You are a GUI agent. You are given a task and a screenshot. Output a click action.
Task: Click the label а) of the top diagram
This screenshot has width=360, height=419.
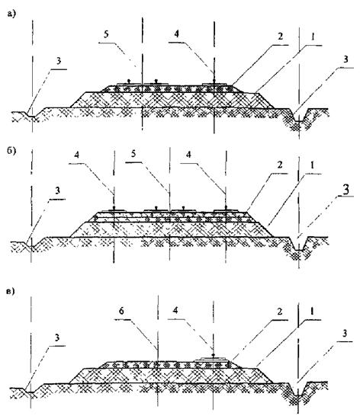tap(11, 14)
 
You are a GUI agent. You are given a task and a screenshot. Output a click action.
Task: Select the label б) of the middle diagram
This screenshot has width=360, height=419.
tap(11, 150)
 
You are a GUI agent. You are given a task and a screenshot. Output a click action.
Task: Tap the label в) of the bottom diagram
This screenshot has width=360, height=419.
tap(11, 291)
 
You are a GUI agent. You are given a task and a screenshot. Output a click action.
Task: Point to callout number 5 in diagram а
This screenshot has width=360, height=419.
tap(106, 34)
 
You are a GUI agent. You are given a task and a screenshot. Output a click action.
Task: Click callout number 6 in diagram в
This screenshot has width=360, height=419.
tap(121, 311)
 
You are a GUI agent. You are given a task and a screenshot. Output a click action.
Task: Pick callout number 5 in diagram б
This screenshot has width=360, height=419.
tap(133, 154)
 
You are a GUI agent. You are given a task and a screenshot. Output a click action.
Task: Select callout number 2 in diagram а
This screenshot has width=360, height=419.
tap(280, 36)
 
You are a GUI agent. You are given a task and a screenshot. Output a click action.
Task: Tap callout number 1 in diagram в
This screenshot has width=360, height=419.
tap(313, 312)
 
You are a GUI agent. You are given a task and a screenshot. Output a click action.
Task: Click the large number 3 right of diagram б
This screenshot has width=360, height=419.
tap(346, 189)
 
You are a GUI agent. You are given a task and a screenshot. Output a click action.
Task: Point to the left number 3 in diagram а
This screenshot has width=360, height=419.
tap(59, 61)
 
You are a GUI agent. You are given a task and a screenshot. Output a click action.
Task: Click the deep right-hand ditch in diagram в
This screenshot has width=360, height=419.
tap(297, 392)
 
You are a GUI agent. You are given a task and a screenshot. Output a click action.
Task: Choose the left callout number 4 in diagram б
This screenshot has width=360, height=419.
tap(77, 155)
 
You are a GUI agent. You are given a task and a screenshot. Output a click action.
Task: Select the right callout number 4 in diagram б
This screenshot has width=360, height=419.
tap(189, 155)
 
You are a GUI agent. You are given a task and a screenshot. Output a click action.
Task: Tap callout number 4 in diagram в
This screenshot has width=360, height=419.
tap(175, 311)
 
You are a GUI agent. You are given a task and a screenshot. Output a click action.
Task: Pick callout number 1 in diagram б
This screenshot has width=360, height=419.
tap(313, 165)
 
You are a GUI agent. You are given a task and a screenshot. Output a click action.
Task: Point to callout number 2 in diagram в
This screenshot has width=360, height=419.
tap(280, 312)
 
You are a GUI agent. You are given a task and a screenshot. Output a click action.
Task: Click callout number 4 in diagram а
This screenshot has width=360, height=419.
tap(176, 34)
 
